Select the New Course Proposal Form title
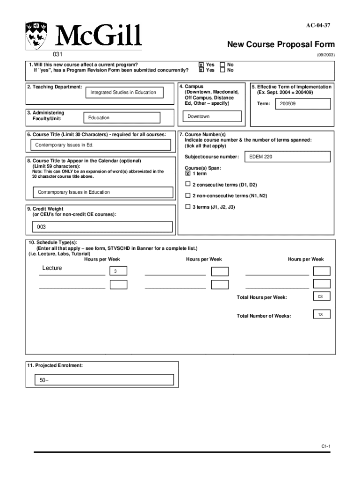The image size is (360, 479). tap(281, 44)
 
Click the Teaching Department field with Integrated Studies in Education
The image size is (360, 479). tap(123, 93)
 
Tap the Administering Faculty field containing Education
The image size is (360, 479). tap(121, 118)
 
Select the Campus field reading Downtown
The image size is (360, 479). tap(211, 116)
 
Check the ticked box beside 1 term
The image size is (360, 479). tap(188, 174)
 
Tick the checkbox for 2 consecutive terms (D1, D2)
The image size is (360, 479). tap(188, 184)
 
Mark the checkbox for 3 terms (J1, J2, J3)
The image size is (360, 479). tap(188, 206)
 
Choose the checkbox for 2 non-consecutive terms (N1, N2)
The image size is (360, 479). tap(188, 196)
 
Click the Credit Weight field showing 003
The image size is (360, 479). tap(100, 227)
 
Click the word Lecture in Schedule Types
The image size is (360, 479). tap(52, 268)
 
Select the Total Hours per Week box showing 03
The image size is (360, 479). tap(321, 297)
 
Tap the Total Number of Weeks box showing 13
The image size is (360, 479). tap(321, 315)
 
